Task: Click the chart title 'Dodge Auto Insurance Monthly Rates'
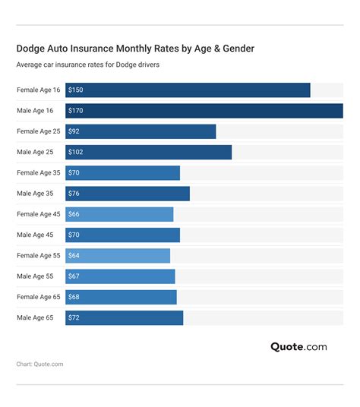135,49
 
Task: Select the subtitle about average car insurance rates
88,65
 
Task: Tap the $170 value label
75,111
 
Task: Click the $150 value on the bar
75,90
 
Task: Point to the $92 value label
74,131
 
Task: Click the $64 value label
74,256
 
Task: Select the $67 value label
74,276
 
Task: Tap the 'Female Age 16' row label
39,90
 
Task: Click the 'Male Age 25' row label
35,153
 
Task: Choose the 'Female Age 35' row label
39,173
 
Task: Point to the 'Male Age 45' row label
35,235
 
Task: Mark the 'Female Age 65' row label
39,297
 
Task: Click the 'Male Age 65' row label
35,317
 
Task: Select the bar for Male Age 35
128,194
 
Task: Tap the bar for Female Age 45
119,214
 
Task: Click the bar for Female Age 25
141,131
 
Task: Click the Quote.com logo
298,347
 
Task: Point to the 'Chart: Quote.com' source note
40,364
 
